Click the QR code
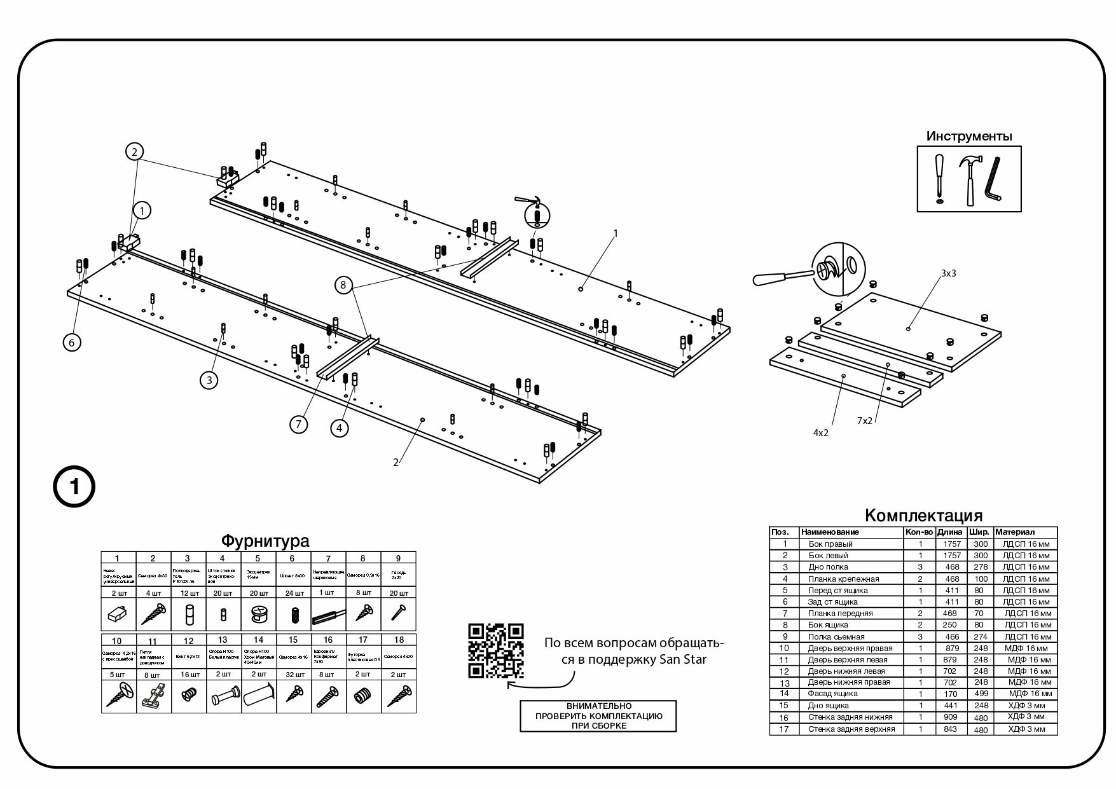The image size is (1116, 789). (x=496, y=650)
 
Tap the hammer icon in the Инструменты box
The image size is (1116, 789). (x=970, y=179)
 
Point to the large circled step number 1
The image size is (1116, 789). (x=74, y=488)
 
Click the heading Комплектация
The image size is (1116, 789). (x=923, y=515)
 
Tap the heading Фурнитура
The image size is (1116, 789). (x=265, y=541)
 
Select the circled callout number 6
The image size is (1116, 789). (x=72, y=342)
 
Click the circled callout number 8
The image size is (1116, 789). (x=343, y=285)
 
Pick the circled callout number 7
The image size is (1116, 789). (x=299, y=424)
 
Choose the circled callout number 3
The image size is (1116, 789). (x=209, y=380)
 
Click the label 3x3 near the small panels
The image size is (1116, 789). (x=948, y=273)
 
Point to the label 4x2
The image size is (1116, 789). (x=820, y=432)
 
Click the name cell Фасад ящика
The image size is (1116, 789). (x=832, y=694)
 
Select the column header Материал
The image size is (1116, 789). (x=1015, y=532)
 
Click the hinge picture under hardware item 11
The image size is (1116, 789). (x=153, y=694)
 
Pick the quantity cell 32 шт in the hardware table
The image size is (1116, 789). (x=293, y=674)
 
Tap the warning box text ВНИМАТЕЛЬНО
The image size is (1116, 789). (x=598, y=706)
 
